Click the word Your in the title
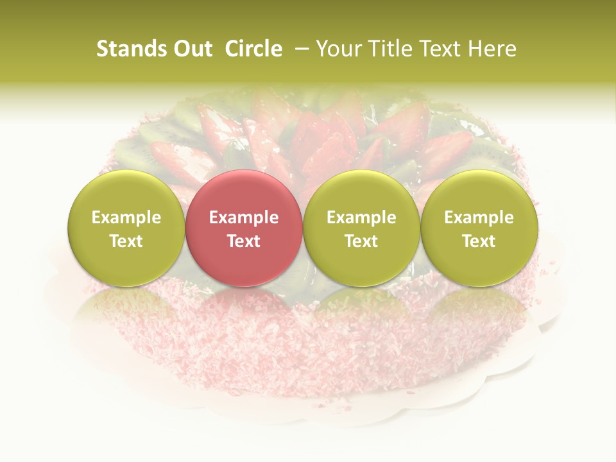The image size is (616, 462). coord(337,49)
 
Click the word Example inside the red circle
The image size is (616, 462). coord(244,218)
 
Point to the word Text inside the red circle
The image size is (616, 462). coord(244,241)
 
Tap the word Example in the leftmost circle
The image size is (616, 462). coord(126,218)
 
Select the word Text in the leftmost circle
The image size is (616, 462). coord(126,241)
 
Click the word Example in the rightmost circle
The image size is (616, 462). coord(479,218)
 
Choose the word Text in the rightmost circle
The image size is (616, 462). coord(479,241)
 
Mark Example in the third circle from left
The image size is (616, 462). coord(361,218)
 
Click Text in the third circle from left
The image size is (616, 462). coord(361,241)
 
